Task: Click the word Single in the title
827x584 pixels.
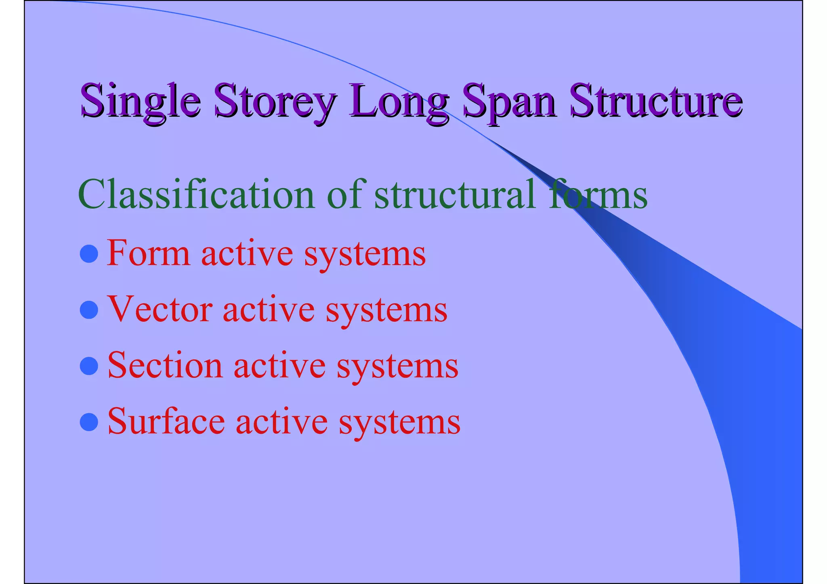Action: (140, 100)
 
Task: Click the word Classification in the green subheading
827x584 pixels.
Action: (196, 195)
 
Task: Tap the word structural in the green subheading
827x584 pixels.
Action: (455, 195)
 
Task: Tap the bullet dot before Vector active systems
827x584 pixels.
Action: (89, 310)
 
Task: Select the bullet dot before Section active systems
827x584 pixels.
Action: (89, 366)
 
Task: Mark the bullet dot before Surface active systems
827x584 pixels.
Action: (89, 422)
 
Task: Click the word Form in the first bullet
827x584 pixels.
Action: (148, 253)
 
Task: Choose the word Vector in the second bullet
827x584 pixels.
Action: (159, 310)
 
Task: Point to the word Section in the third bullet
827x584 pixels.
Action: (165, 366)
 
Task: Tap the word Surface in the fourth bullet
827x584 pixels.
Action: (166, 422)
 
